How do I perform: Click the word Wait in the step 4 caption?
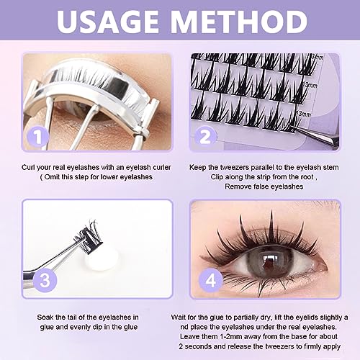[x=199, y=316]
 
